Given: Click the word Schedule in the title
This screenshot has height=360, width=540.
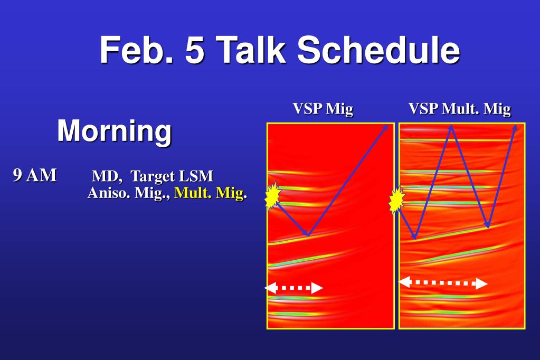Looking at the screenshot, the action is [379, 50].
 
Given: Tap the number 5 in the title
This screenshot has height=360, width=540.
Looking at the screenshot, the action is [195, 50].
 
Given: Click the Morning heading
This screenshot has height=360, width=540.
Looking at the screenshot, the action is [115, 131].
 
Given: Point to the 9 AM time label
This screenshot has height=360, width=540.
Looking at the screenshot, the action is [35, 175].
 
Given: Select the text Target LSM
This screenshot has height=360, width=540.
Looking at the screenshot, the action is [172, 176].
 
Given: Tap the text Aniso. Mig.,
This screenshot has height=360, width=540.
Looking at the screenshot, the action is [129, 193].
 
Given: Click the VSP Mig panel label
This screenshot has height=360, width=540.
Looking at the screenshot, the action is [323, 109].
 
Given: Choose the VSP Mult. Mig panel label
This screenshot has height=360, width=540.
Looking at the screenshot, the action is [460, 109].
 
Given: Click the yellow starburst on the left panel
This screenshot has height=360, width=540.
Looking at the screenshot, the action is [273, 197].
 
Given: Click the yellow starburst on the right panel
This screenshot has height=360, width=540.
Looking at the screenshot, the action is [397, 201].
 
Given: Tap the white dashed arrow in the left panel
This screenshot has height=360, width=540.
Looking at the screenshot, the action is [293, 288].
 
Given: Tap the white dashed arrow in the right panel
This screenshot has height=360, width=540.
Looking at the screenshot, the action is [443, 283].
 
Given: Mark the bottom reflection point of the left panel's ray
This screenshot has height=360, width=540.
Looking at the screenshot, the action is [308, 235].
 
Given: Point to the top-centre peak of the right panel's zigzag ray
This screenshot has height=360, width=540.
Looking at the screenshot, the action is [451, 127].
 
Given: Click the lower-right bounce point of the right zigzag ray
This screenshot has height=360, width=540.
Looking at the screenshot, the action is [488, 226].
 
